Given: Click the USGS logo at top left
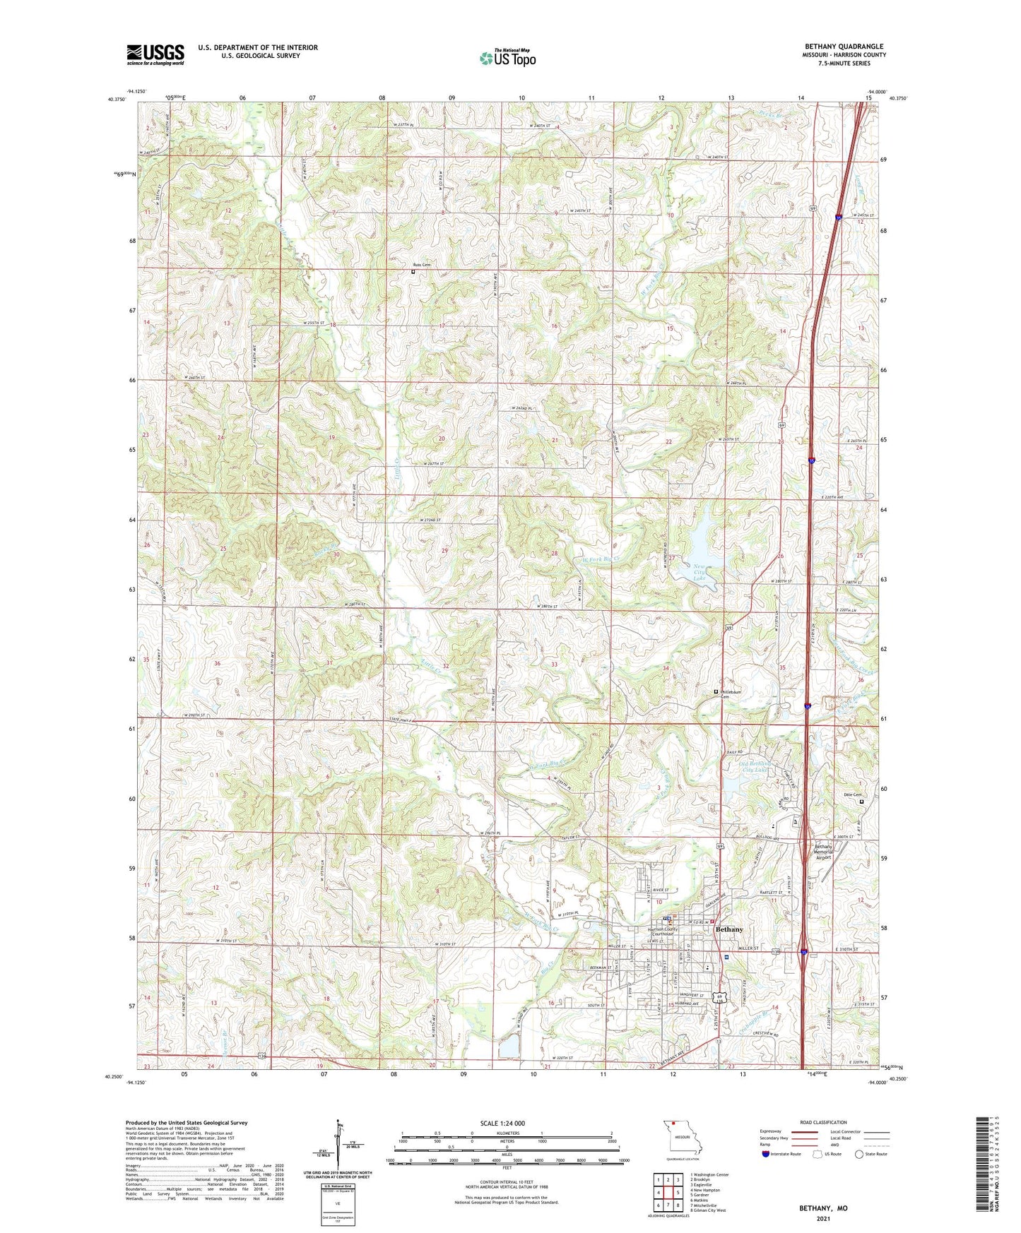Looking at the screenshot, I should click(155, 54).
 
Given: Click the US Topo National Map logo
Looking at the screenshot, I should click(507, 58).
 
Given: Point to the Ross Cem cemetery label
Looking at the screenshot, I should click(421, 265).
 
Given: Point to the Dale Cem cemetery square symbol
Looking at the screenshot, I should click(861, 802).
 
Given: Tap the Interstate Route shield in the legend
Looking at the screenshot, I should click(766, 1154).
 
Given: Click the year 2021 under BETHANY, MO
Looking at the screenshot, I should click(823, 1219).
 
